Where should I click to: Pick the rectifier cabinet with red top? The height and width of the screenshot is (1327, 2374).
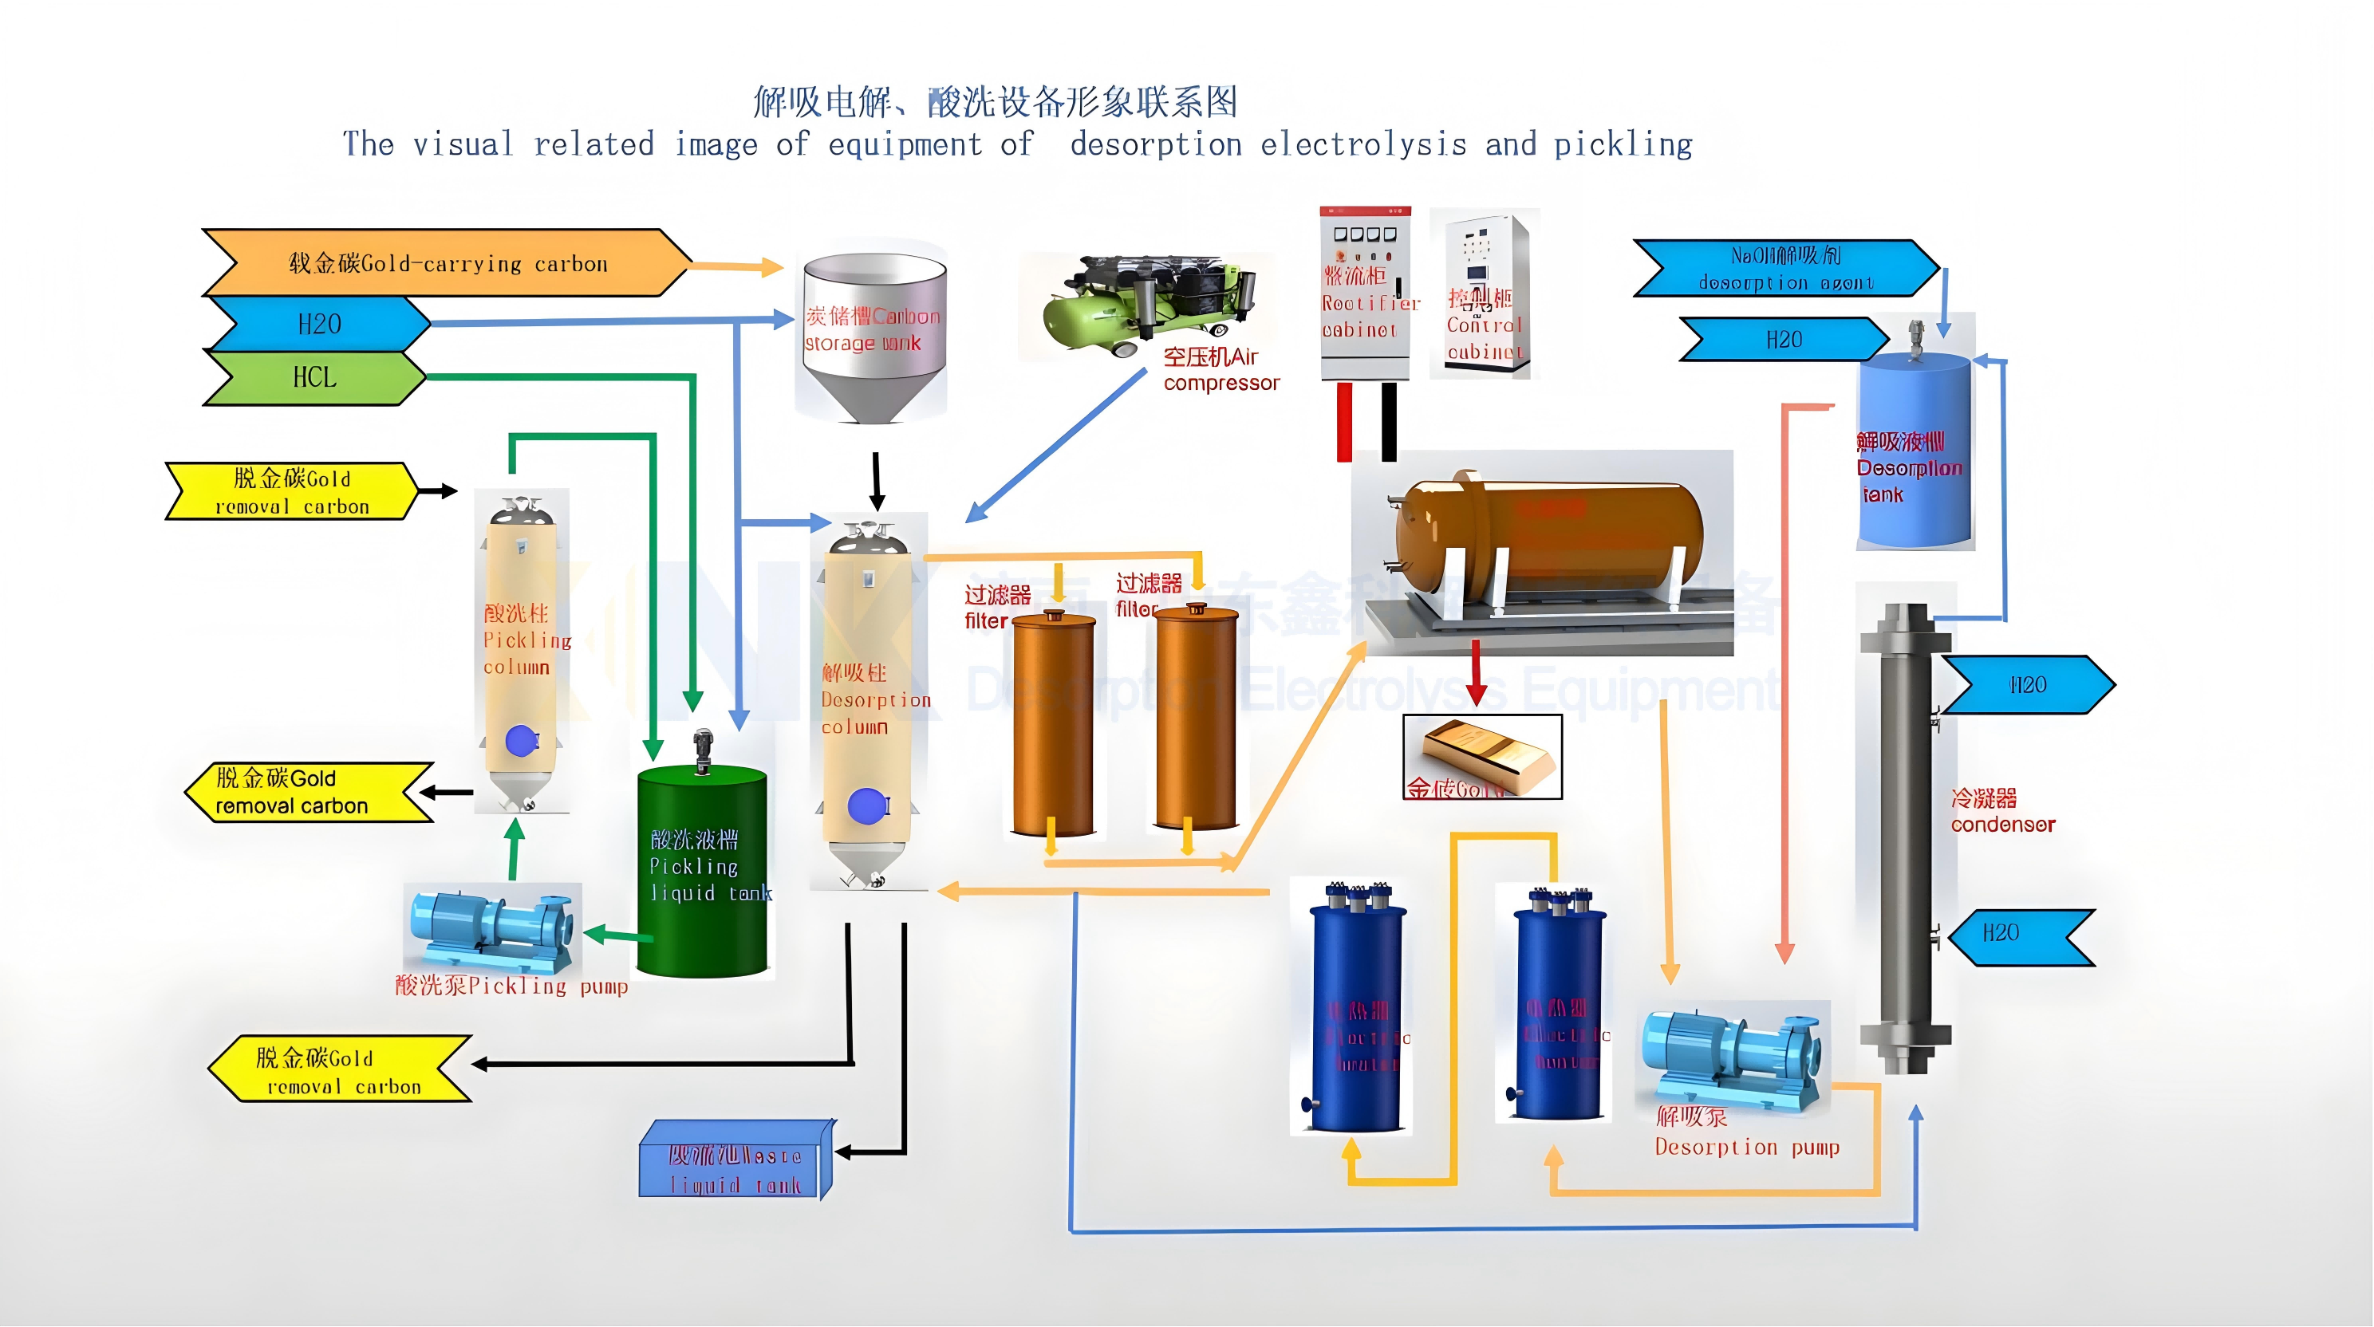[x=1365, y=292]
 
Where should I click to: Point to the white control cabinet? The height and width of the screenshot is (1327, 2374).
[x=1483, y=292]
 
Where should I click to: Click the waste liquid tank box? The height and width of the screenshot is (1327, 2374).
[x=735, y=1160]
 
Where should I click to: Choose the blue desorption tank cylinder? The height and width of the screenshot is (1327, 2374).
[x=1915, y=451]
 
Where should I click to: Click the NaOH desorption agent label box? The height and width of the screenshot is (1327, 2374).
[x=1785, y=268]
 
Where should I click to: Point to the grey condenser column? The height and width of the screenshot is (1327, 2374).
[x=1905, y=839]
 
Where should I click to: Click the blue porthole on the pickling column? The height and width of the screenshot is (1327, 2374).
[x=521, y=741]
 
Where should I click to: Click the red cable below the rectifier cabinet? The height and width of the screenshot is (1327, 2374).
[x=1345, y=421]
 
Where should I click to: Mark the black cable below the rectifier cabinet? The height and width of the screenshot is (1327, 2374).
[x=1389, y=421]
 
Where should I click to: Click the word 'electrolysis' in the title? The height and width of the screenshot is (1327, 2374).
[x=1363, y=144]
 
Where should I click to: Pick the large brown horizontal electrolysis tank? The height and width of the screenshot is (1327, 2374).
[x=1548, y=539]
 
